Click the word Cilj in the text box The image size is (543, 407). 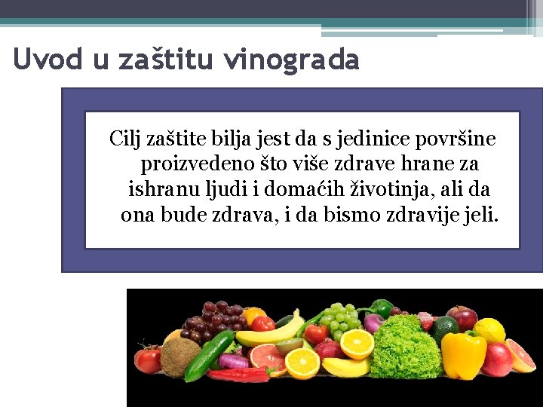tap(124, 139)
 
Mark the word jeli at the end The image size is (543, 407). tap(480, 216)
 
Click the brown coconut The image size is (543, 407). tap(180, 357)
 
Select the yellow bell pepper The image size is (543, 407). tap(463, 354)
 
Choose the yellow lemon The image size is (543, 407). tap(489, 330)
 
